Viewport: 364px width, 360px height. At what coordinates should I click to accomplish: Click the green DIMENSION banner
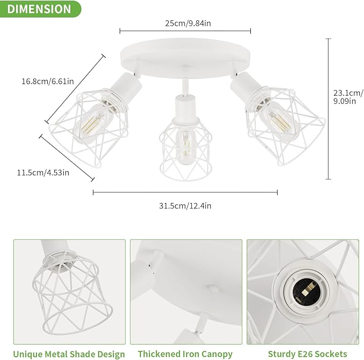[x=40, y=9]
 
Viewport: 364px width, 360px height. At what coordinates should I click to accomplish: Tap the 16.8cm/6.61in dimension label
[x=48, y=82]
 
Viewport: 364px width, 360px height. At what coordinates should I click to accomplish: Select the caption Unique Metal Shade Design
[x=69, y=354]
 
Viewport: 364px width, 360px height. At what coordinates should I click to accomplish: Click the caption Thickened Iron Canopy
[x=185, y=354]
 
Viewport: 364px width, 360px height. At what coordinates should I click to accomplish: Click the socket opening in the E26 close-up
[x=301, y=290]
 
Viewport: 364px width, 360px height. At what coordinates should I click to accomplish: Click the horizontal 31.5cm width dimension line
[x=185, y=192]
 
